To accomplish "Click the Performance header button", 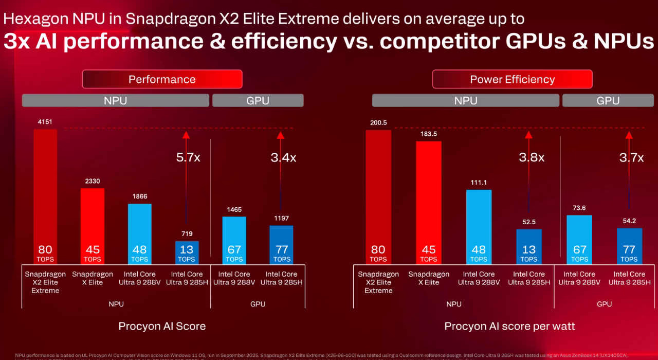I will [162, 79].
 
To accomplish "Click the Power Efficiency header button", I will [512, 79].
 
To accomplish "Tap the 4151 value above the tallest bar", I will [45, 122].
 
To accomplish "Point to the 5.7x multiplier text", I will [188, 157].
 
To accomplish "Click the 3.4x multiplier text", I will [283, 157].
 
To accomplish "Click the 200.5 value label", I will [378, 122].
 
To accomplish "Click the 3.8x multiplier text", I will [531, 157].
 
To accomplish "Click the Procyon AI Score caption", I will [162, 326].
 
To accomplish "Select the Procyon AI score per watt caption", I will [509, 326].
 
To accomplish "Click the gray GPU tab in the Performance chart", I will [258, 100].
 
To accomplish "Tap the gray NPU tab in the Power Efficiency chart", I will [465, 100].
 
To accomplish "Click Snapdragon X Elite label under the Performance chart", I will [93, 278].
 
